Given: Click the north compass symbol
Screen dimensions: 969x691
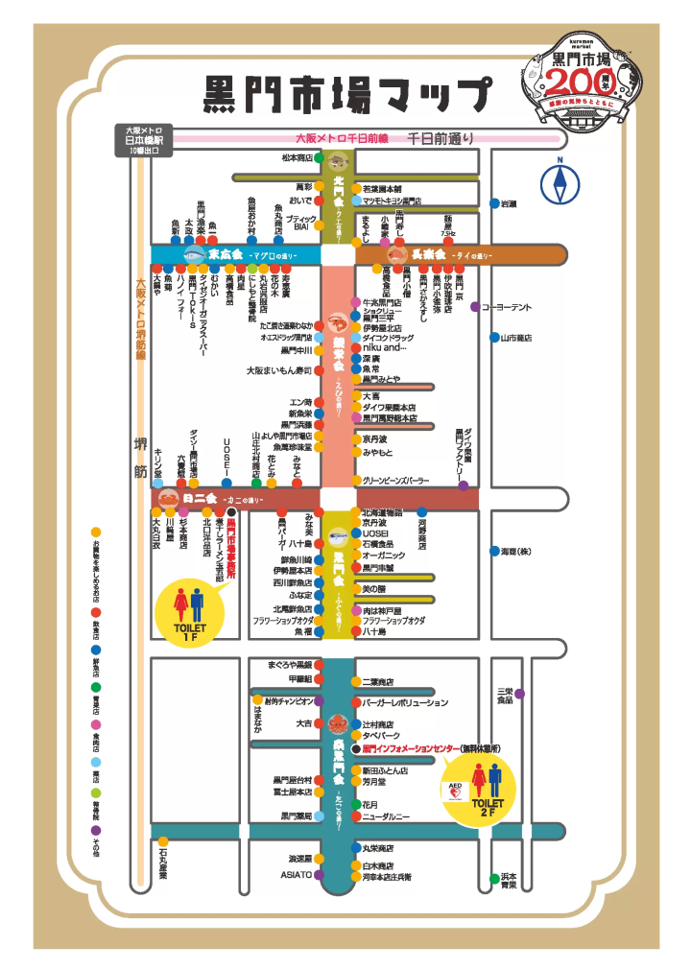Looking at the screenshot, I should coord(559,182).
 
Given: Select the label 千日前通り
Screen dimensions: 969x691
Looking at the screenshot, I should coord(440,138).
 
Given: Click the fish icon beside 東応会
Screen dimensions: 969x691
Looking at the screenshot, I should coord(194,255).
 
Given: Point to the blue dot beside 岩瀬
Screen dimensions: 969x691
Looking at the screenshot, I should coord(492,203).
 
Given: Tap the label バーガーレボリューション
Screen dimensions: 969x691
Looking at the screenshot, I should coord(404,703).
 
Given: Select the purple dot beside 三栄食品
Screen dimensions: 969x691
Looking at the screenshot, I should coord(519,694).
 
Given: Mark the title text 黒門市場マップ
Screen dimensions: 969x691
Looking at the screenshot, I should coord(347,96).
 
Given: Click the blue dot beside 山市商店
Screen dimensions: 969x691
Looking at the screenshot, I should coord(492,338).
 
